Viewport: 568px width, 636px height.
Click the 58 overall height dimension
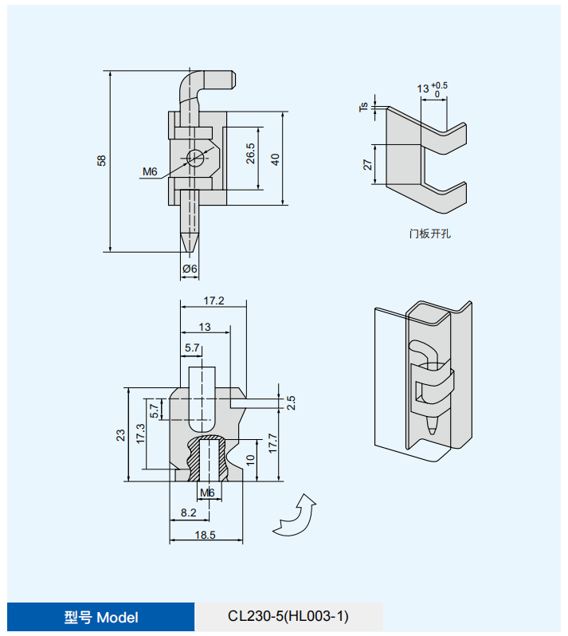coord(101,160)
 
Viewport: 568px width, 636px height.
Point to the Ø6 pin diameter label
coord(190,269)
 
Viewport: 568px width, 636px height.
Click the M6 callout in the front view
coord(151,171)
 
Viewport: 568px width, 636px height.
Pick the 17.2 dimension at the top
coord(213,300)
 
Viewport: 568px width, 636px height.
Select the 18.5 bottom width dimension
coord(206,535)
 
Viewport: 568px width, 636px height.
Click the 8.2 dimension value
coord(189,512)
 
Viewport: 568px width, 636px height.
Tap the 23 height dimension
coord(120,435)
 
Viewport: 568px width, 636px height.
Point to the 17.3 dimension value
coord(140,434)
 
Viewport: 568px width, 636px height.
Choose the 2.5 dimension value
coord(291,402)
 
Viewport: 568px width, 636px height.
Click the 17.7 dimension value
coord(272,443)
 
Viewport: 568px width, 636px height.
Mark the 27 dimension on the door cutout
coord(367,164)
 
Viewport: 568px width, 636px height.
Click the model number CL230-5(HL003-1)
coord(288,617)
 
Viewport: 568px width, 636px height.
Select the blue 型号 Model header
coord(101,617)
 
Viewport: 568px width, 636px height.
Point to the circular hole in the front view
coord(193,156)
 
